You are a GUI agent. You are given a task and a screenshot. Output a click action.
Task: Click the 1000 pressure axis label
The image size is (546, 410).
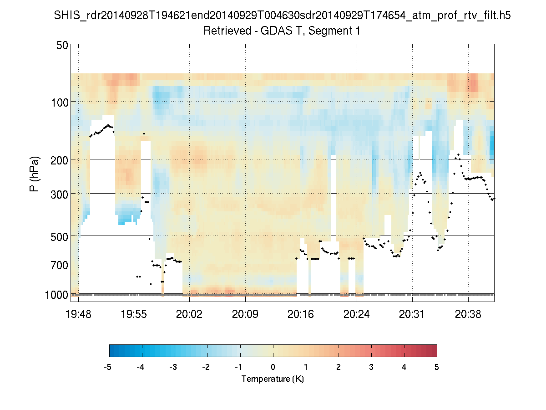57,295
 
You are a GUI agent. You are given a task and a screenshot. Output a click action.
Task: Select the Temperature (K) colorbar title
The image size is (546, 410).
273,379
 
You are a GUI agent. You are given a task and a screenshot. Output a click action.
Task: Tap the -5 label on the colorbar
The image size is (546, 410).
108,367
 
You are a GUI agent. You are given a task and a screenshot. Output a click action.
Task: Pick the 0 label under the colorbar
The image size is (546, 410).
273,367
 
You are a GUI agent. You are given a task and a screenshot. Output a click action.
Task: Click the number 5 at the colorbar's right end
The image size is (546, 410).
437,367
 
